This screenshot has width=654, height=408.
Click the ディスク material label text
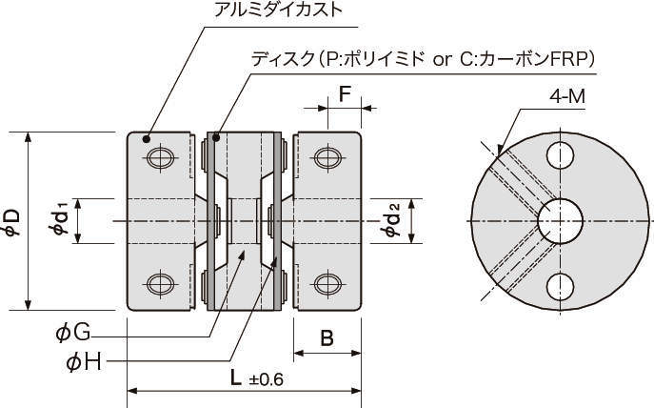point(423,59)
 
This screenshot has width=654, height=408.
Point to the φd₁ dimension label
point(60,221)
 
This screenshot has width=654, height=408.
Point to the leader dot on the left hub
point(147,139)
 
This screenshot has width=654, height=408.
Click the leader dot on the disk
point(217,139)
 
